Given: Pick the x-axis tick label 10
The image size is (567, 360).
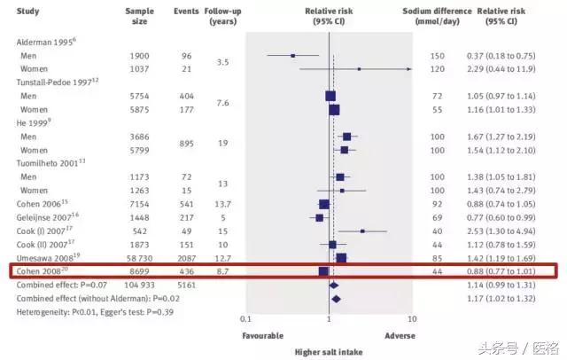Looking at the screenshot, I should point(411,318).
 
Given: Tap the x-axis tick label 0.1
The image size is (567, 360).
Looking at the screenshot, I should point(245,318).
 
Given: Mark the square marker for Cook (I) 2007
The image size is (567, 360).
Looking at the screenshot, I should point(362,231).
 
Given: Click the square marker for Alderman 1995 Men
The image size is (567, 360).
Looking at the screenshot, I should point(293,56).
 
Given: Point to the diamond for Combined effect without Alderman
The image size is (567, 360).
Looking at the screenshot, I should point(335,299).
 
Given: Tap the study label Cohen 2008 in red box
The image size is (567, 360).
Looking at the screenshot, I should point(42,270).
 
